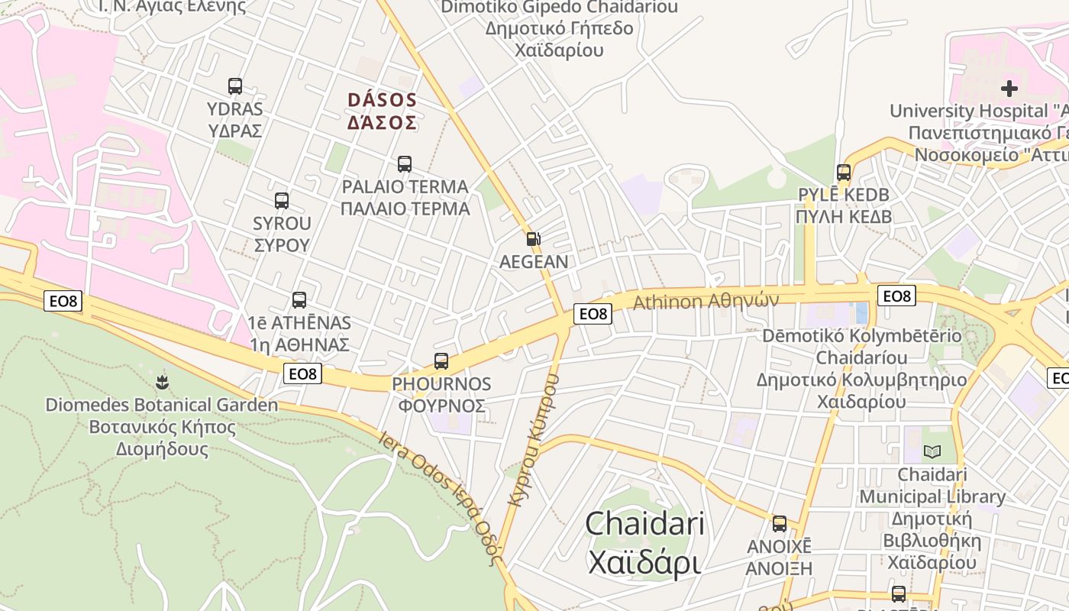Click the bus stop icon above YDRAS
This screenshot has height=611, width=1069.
click(x=235, y=86)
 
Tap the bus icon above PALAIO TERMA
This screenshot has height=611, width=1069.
click(x=405, y=164)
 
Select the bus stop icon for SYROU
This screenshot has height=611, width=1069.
click(x=282, y=201)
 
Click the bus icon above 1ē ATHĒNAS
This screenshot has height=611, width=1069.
click(x=299, y=300)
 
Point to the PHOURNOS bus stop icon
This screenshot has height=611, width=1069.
click(x=441, y=361)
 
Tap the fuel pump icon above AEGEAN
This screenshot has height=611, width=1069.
click(x=534, y=239)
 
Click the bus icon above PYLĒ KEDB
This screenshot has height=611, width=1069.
click(x=844, y=173)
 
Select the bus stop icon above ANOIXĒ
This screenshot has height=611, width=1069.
click(x=780, y=524)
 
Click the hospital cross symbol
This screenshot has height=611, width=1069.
click(x=1009, y=89)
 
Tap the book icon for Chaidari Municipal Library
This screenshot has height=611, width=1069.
click(x=932, y=452)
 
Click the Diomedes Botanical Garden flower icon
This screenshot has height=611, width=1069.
click(x=162, y=382)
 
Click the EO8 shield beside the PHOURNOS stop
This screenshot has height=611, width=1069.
click(x=303, y=373)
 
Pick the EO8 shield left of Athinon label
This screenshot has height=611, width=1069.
click(x=593, y=313)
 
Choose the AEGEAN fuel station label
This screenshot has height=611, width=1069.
click(x=534, y=262)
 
